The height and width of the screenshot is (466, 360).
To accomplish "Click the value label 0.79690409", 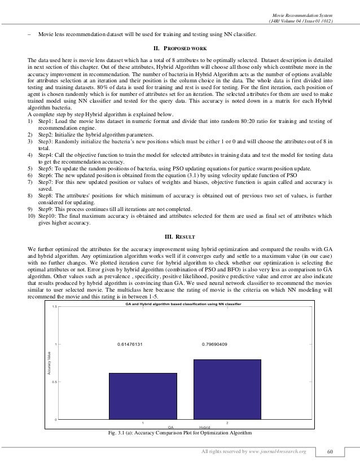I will (214, 344).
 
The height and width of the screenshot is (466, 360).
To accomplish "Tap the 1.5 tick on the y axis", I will (54, 306).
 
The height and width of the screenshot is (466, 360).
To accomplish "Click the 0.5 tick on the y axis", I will (54, 382).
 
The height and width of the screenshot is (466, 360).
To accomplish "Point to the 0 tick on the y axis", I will (56, 420).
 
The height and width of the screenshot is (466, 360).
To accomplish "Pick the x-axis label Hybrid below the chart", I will (205, 428).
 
